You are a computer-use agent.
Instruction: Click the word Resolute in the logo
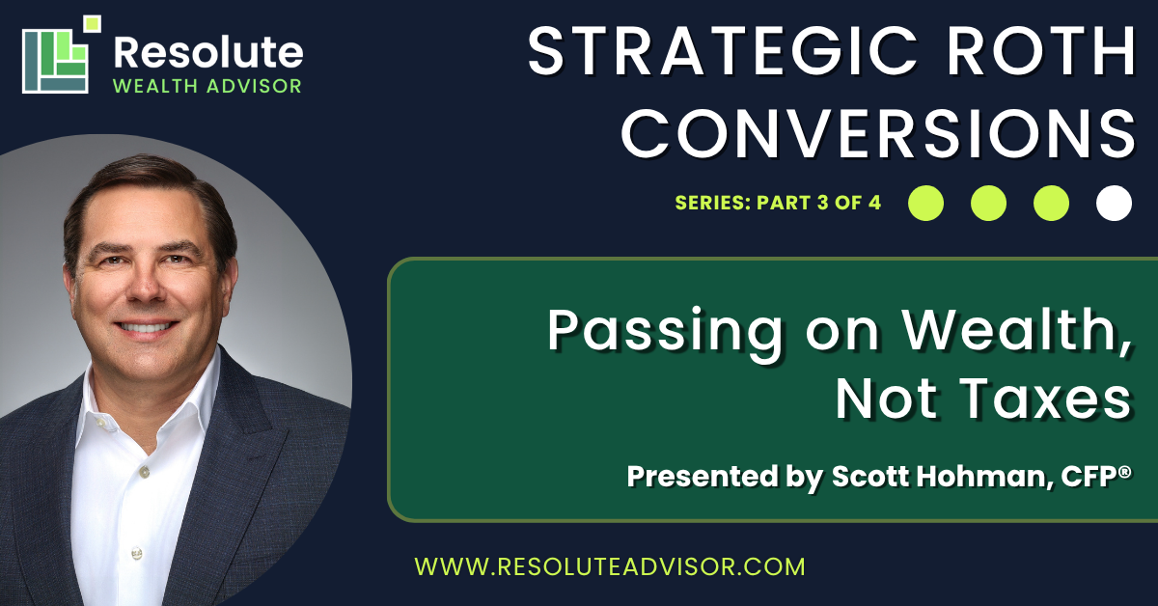pyautogui.click(x=208, y=52)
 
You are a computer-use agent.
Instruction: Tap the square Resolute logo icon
pyautogui.click(x=61, y=54)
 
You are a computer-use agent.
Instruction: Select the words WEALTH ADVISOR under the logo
pyautogui.click(x=207, y=86)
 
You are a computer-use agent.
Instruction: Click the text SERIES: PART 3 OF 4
pyautogui.click(x=778, y=203)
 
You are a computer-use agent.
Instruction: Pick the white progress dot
pyautogui.click(x=1114, y=204)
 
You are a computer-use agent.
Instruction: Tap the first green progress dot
pyautogui.click(x=925, y=204)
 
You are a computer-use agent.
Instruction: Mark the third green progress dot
pyautogui.click(x=1051, y=204)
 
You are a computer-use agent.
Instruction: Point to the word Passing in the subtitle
pyautogui.click(x=664, y=335)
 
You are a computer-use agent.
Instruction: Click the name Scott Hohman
pyautogui.click(x=942, y=476)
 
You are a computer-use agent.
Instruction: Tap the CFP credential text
pyautogui.click(x=1096, y=476)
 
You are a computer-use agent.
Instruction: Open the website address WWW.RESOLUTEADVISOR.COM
pyautogui.click(x=610, y=566)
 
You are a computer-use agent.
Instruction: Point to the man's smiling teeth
pyautogui.click(x=146, y=327)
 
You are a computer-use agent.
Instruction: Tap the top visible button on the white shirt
pyautogui.click(x=144, y=471)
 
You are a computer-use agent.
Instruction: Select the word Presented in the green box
pyautogui.click(x=703, y=476)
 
